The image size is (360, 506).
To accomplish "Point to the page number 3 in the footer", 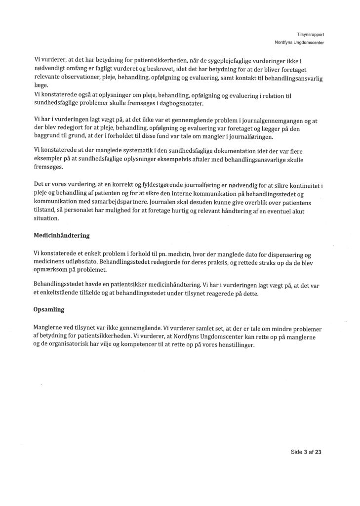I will coord(306,452).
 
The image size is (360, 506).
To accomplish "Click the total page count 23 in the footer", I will coord(318,452).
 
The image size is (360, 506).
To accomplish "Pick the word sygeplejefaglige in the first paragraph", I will coord(220,60).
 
